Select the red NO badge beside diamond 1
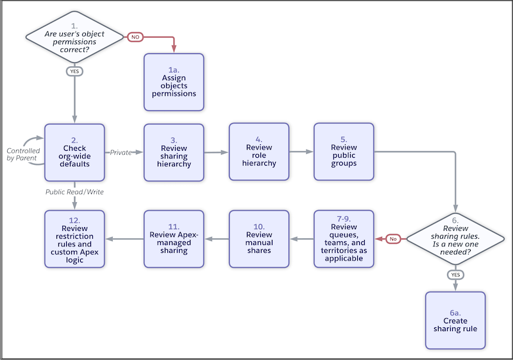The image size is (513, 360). point(135,37)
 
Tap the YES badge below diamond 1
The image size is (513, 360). point(74,71)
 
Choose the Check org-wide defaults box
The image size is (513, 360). point(74,153)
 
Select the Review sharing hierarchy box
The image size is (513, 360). point(174,153)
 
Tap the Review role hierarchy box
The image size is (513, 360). point(259,153)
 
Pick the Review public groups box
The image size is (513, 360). point(344,153)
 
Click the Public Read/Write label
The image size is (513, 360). point(74,192)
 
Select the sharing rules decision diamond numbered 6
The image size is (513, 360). point(455,239)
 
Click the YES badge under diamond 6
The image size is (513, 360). point(455,274)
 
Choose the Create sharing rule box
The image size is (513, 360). point(455,320)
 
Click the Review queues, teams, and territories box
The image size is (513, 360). point(344,239)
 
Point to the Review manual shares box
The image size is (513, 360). point(259,239)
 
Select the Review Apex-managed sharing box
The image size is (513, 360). point(174,239)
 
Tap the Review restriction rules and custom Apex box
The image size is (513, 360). point(74,239)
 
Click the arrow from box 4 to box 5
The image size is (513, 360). point(301,153)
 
